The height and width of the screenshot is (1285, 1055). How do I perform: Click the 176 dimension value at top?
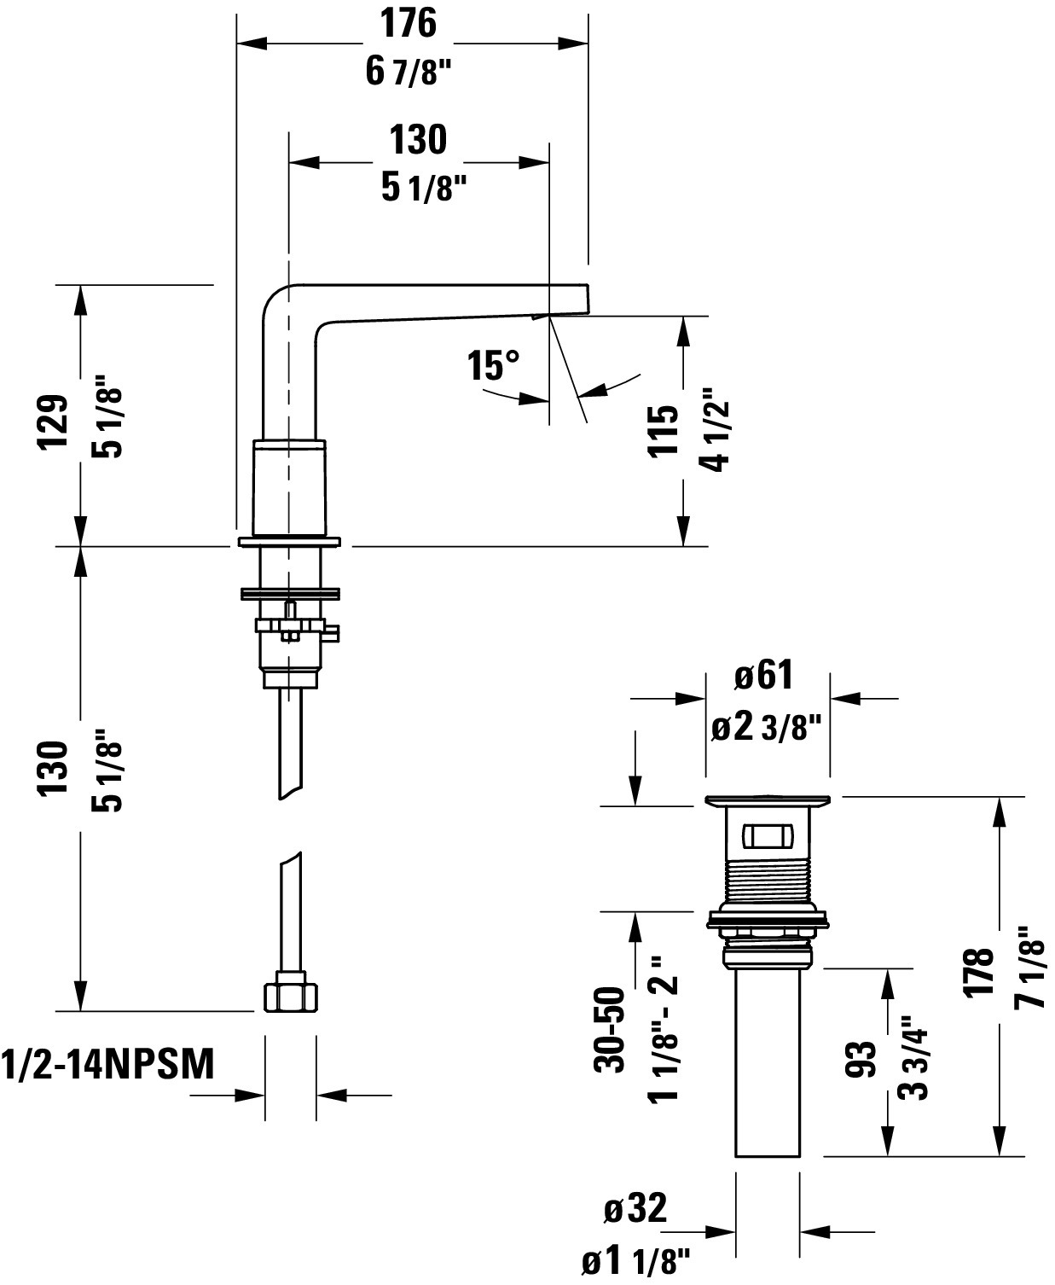[409, 24]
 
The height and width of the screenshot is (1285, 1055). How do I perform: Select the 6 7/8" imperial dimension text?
[409, 72]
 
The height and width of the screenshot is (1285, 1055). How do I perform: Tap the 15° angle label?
[494, 365]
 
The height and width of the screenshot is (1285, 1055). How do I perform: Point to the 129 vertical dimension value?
[54, 422]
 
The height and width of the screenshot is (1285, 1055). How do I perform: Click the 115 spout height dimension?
[663, 430]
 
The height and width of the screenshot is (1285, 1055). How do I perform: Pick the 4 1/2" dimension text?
[716, 429]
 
